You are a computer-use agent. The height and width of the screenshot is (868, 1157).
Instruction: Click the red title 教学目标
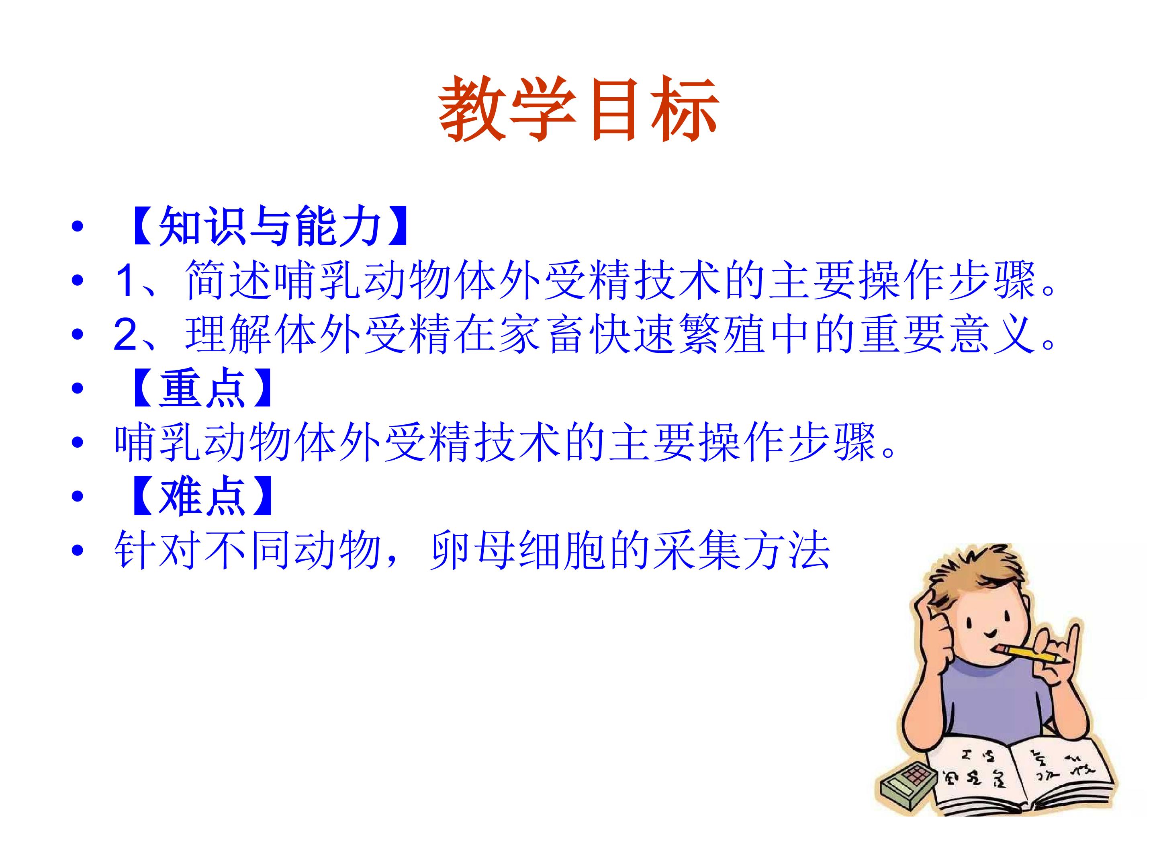point(578,109)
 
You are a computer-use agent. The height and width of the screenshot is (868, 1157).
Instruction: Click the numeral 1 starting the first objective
point(125,280)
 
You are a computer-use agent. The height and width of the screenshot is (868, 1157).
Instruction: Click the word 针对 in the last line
point(157,551)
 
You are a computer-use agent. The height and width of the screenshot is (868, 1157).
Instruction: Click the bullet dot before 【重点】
point(78,388)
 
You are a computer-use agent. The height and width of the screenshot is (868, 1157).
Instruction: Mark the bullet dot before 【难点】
point(78,495)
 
